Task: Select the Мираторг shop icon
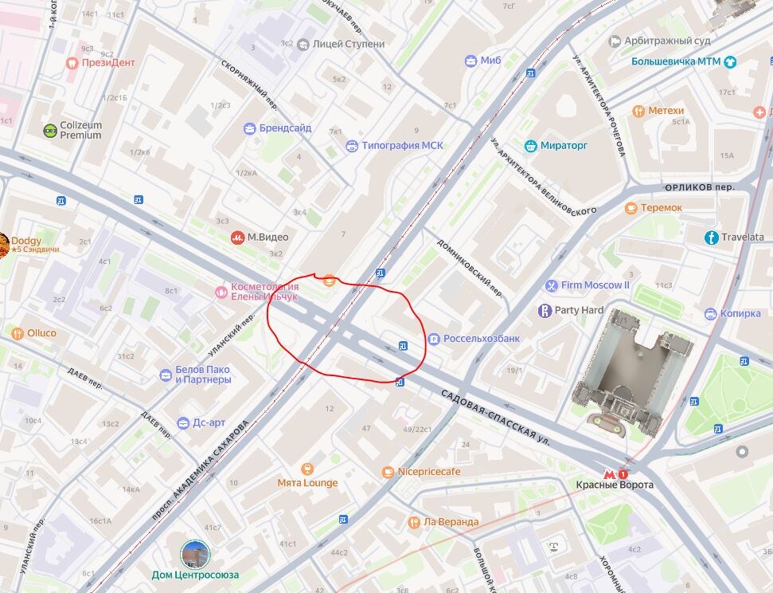tap(531, 146)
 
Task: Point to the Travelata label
tap(742, 238)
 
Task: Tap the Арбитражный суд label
tap(667, 41)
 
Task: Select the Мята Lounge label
tap(307, 483)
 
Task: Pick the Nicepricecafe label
tap(429, 472)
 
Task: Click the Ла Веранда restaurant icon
tap(414, 522)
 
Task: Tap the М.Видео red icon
tap(237, 237)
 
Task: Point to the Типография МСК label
tap(402, 146)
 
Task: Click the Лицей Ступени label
tap(349, 45)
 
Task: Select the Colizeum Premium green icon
tap(51, 131)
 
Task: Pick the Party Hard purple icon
tap(545, 310)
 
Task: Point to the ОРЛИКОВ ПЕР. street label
tap(699, 188)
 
